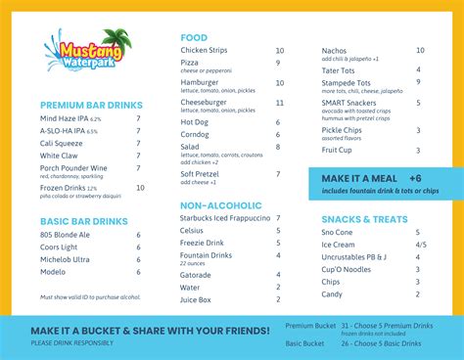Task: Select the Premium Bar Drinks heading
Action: pyautogui.click(x=91, y=105)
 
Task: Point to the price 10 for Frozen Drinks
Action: pyautogui.click(x=140, y=187)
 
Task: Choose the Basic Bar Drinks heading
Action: pyautogui.click(x=84, y=221)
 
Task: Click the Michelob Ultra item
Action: pyautogui.click(x=65, y=258)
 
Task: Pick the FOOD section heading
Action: pyautogui.click(x=194, y=37)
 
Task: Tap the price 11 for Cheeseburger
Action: pyautogui.click(x=279, y=102)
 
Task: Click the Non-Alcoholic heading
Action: pyautogui.click(x=221, y=205)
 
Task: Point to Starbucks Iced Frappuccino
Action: pyautogui.click(x=226, y=218)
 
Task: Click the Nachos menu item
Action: pyautogui.click(x=335, y=50)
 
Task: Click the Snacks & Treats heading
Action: pyautogui.click(x=366, y=219)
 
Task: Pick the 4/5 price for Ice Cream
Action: pyautogui.click(x=421, y=245)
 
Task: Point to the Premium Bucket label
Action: pyautogui.click(x=309, y=325)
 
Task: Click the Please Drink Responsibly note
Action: pyautogui.click(x=71, y=342)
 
